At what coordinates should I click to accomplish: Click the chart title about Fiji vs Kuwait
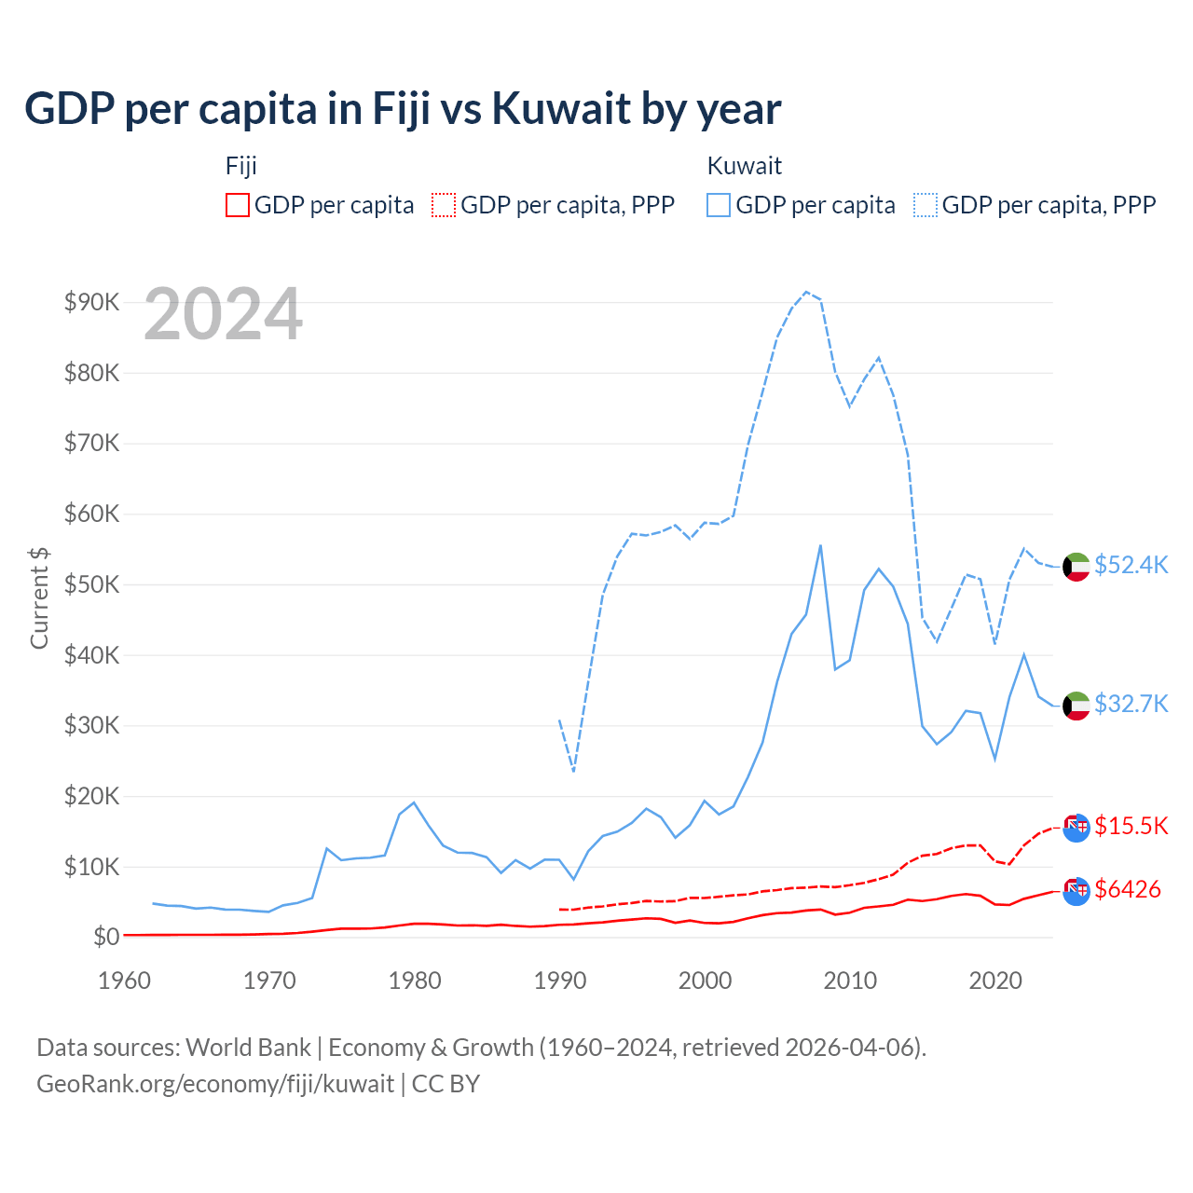pos(403,109)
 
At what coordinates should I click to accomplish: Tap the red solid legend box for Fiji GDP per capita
pos(238,205)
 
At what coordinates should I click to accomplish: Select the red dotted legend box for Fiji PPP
pos(444,205)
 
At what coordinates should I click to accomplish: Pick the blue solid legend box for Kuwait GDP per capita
pos(719,205)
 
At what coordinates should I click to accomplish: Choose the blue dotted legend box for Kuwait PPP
pos(926,205)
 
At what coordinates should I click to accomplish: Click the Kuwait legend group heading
pos(744,166)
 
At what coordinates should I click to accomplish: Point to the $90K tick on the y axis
pos(91,302)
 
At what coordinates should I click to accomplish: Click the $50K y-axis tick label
pos(91,584)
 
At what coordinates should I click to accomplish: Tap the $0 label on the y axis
pos(105,937)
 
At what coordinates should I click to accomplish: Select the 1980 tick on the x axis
pos(415,980)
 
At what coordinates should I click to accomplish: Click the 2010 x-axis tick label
pos(850,980)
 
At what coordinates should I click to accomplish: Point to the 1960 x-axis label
pos(124,980)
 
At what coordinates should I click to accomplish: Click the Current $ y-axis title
pos(39,597)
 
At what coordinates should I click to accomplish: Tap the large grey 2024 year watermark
pos(223,315)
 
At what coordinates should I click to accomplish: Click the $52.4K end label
pos(1131,566)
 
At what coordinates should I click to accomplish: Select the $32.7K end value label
pos(1131,704)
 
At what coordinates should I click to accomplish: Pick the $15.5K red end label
pos(1131,827)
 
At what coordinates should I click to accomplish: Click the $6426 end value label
pos(1128,890)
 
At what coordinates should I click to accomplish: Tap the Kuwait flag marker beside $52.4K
pos(1076,567)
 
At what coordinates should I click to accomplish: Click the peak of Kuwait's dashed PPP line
pos(806,292)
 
